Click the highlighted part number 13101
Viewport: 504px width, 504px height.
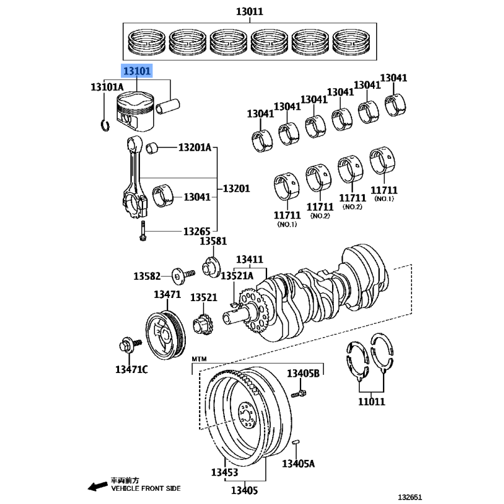pyautogui.click(x=137, y=71)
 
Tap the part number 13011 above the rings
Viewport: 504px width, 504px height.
pyautogui.click(x=249, y=12)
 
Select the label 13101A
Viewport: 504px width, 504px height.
pyautogui.click(x=107, y=87)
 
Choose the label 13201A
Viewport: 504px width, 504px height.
pyautogui.click(x=195, y=148)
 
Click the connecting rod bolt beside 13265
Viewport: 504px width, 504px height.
pyautogui.click(x=144, y=231)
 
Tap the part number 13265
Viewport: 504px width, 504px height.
pyautogui.click(x=197, y=232)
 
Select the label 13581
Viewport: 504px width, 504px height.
pyautogui.click(x=213, y=241)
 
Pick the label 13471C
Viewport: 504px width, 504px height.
pyautogui.click(x=131, y=369)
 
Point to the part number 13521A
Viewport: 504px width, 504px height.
pyautogui.click(x=236, y=276)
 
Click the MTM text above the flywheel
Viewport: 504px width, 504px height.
pyautogui.click(x=199, y=358)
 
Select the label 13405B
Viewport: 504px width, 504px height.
pyautogui.click(x=303, y=374)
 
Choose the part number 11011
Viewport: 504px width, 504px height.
pyautogui.click(x=372, y=401)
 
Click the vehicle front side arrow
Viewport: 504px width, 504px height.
pyautogui.click(x=97, y=486)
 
